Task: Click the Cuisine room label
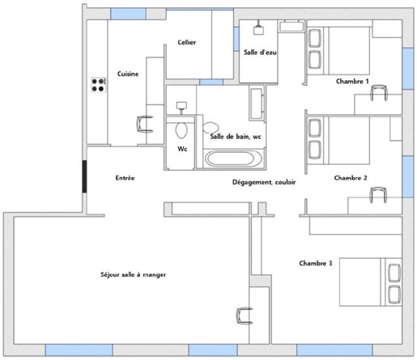click(128, 74)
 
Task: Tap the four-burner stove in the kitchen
click(98, 85)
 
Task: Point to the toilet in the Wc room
click(181, 130)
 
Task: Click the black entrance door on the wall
click(84, 176)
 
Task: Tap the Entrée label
click(125, 178)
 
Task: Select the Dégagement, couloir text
click(264, 182)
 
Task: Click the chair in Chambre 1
click(379, 92)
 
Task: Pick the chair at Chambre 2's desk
click(378, 195)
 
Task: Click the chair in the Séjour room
click(245, 316)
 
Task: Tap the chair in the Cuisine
click(145, 124)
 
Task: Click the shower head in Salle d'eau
click(258, 28)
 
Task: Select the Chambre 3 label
click(316, 263)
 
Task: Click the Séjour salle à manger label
click(133, 274)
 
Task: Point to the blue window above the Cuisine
click(128, 14)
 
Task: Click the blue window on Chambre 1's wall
click(408, 69)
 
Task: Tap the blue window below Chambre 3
click(334, 350)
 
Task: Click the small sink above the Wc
click(181, 107)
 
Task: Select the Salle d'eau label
click(260, 53)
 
